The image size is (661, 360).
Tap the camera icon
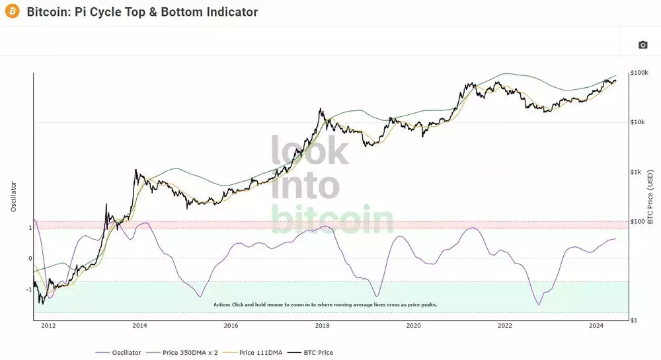click(x=642, y=45)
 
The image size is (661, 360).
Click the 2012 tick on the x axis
click(x=48, y=325)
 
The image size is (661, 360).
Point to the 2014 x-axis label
click(x=139, y=325)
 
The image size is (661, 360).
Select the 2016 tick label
click(x=231, y=325)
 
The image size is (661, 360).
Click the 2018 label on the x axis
click(x=322, y=325)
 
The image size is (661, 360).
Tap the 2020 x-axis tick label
click(x=413, y=325)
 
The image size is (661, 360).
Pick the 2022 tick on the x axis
click(x=504, y=325)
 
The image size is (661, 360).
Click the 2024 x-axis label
click(x=596, y=325)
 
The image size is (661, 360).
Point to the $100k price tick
click(x=639, y=72)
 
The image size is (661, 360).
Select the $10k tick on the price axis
click(x=638, y=122)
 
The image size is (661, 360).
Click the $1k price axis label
click(x=636, y=172)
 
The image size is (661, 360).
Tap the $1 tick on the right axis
click(x=633, y=320)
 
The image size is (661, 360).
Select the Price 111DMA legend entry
click(x=260, y=352)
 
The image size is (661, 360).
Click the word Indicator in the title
click(x=228, y=12)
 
